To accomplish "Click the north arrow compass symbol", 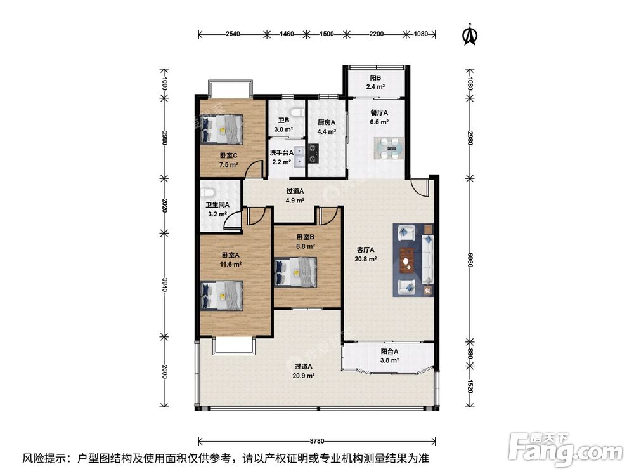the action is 469,35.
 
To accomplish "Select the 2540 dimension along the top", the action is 232,34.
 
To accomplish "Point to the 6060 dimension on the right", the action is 469,260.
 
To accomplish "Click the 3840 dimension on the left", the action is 164,284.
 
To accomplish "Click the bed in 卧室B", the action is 296,272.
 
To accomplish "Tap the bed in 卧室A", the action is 223,296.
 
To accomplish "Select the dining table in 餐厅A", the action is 389,149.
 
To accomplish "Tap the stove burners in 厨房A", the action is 313,154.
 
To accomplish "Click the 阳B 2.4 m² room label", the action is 375,82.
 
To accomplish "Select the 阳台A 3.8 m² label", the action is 390,356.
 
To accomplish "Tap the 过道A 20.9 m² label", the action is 304,371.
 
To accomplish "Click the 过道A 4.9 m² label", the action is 295,195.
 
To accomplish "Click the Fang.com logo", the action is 566,449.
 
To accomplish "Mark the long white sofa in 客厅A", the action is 427,260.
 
